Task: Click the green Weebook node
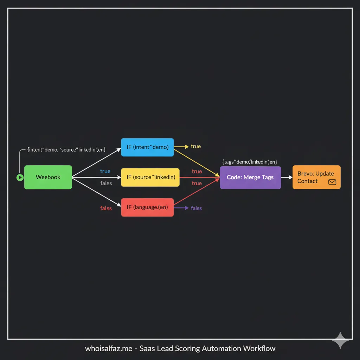[x=48, y=177]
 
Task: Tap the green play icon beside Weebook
[x=20, y=178]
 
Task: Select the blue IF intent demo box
[x=147, y=147]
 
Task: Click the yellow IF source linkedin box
[x=150, y=177]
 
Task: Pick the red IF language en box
[x=147, y=207]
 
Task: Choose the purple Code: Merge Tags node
[x=250, y=178]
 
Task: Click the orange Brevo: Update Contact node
[x=316, y=177]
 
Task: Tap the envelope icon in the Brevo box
[x=332, y=182]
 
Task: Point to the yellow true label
[x=196, y=146]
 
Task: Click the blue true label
[x=105, y=171]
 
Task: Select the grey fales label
[x=106, y=183]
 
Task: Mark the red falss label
[x=106, y=208]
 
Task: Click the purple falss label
[x=196, y=208]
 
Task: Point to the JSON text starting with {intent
[x=66, y=149]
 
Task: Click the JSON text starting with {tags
[x=250, y=162]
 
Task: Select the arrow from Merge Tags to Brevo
[x=287, y=178]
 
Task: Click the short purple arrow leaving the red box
[x=181, y=208]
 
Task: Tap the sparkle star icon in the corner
[x=340, y=340]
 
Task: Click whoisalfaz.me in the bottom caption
[x=109, y=349]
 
